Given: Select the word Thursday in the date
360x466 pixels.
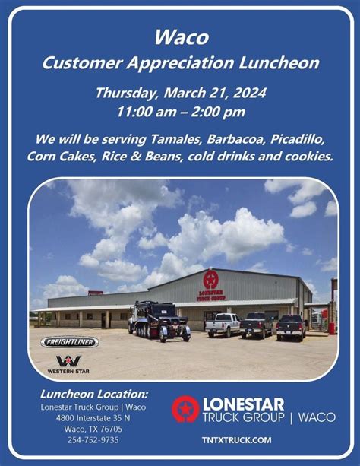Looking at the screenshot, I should (125, 94).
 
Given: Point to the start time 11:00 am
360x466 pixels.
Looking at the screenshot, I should (145, 111).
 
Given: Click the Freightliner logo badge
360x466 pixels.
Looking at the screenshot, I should (69, 342).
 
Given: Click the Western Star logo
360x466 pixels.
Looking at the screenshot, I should (68, 363).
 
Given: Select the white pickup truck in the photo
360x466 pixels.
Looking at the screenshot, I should (222, 325).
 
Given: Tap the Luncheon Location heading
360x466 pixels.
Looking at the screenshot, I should (94, 394).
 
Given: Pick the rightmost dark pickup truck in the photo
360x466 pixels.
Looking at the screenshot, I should (291, 326).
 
